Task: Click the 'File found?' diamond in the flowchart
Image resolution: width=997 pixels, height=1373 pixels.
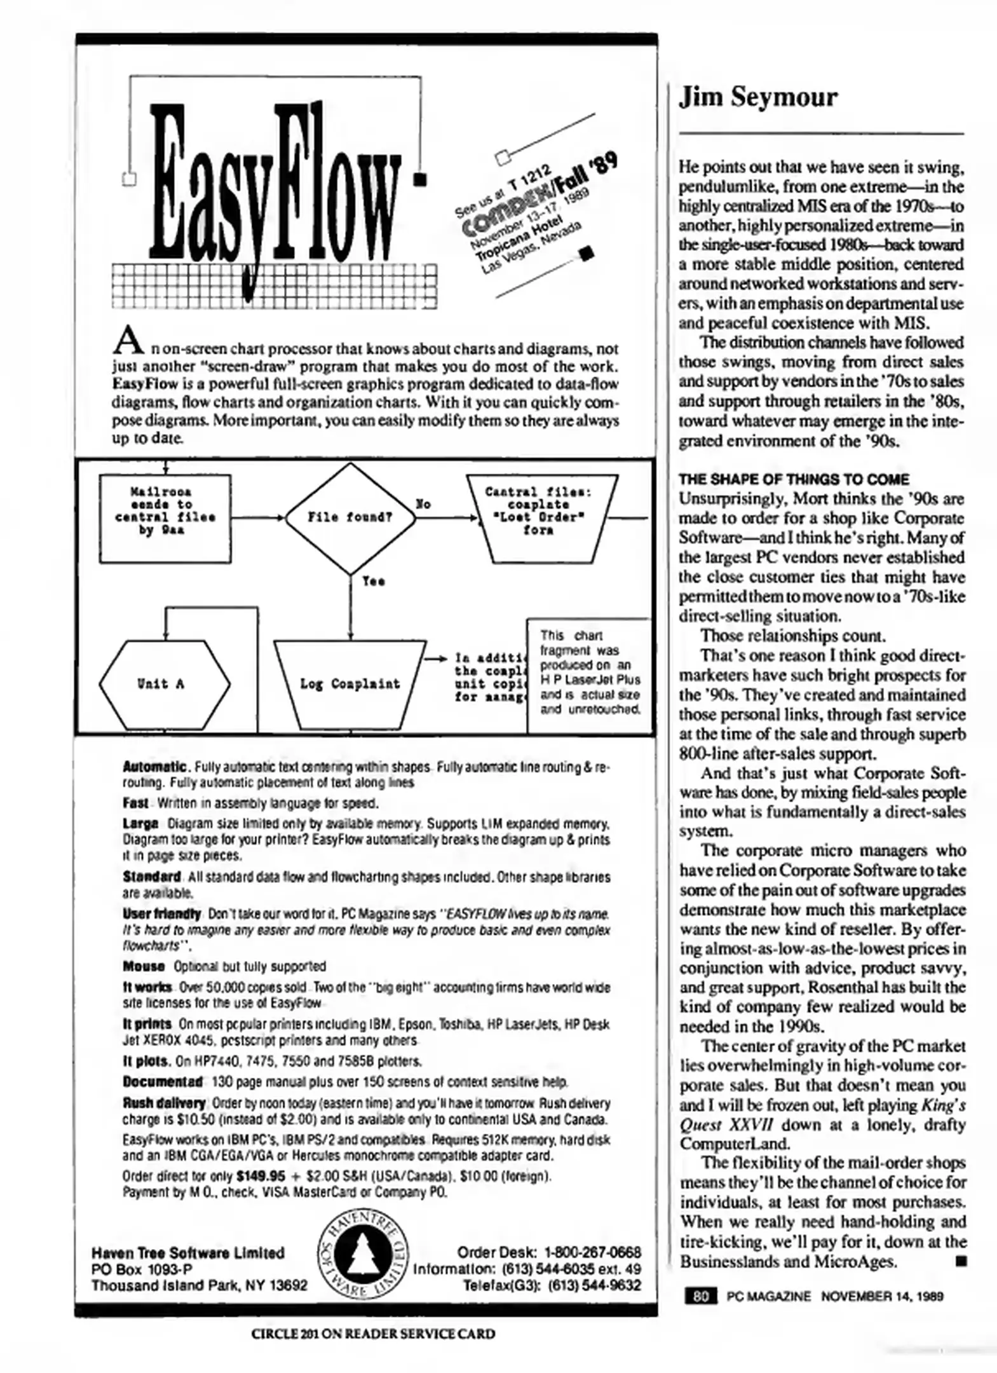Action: pos(349,517)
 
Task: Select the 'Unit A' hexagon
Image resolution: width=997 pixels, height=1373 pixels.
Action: pos(163,684)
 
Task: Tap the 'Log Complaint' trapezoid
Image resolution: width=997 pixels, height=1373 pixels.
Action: pos(349,684)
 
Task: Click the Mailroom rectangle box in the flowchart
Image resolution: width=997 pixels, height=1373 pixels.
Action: pos(165,518)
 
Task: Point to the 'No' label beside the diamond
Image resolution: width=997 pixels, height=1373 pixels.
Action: pos(423,504)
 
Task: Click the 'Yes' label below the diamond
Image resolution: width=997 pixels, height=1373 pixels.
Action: pos(373,581)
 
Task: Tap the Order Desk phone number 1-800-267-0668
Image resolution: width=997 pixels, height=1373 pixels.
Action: pos(592,1252)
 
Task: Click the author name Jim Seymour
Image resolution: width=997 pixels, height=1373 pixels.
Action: pos(757,97)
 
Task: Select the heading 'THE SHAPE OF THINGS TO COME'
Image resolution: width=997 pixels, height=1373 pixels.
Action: pos(793,479)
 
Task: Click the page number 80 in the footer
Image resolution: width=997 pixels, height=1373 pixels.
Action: pos(700,1295)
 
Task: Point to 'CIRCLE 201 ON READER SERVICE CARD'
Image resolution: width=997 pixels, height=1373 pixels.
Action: pos(373,1334)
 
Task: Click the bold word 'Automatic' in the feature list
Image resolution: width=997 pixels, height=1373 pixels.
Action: pos(154,767)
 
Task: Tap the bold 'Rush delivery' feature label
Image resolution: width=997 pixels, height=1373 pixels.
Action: pos(164,1103)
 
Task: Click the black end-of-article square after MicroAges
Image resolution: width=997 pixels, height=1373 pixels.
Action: pos(960,1261)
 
